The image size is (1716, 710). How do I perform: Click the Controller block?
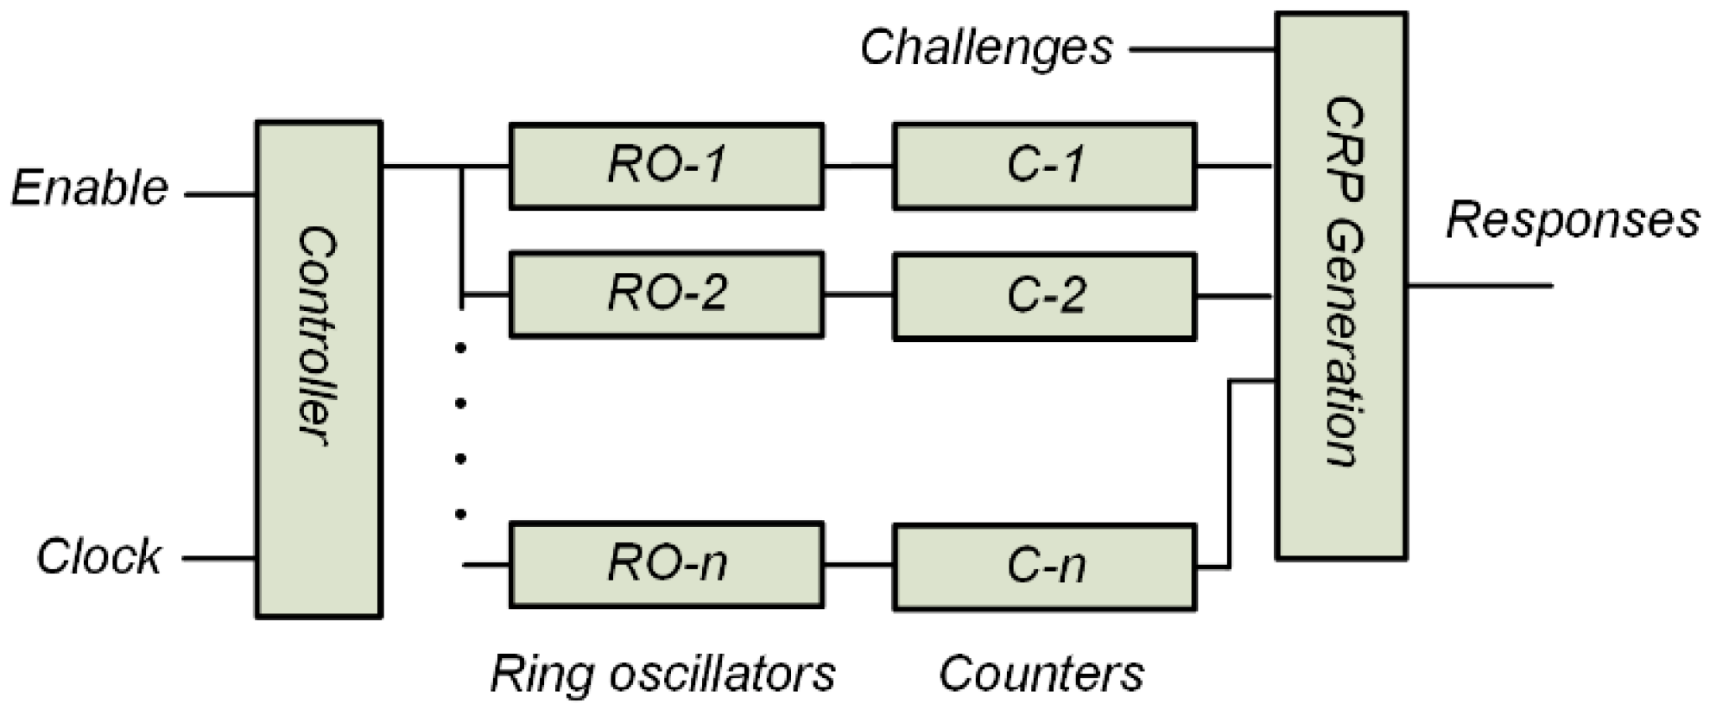(x=319, y=370)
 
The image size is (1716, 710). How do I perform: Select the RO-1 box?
(x=666, y=166)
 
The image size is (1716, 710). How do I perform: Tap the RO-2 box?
(x=666, y=295)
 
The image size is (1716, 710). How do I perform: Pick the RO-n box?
(x=666, y=565)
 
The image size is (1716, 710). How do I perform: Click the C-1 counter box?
(x=1044, y=166)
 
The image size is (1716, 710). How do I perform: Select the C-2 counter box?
(x=1044, y=296)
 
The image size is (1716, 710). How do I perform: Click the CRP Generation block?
(x=1341, y=285)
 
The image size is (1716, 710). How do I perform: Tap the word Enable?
(x=90, y=188)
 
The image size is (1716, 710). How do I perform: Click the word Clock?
(x=98, y=557)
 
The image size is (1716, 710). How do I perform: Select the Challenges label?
(x=986, y=48)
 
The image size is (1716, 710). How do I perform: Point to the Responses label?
(x=1572, y=220)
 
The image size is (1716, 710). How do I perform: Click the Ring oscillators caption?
(x=663, y=675)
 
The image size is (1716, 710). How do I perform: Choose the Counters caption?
(x=1042, y=675)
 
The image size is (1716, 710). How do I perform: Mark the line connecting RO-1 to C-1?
(x=858, y=165)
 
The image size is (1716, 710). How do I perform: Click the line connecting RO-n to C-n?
(x=858, y=567)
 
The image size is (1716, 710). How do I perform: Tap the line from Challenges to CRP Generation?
(x=1203, y=50)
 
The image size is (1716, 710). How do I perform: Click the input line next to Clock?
(x=219, y=559)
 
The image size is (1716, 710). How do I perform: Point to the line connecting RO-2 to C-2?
(x=858, y=295)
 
